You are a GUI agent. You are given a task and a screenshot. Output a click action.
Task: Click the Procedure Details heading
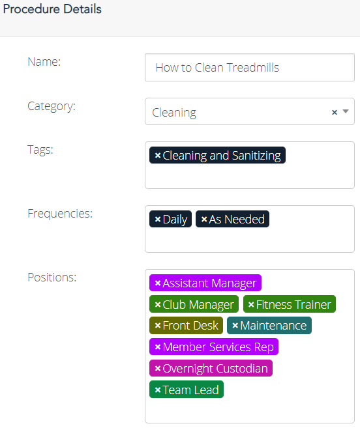(x=52, y=9)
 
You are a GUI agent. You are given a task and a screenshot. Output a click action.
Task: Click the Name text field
(x=250, y=67)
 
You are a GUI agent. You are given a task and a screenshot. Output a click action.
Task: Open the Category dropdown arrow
(x=346, y=111)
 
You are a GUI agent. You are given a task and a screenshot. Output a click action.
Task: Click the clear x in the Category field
(x=335, y=112)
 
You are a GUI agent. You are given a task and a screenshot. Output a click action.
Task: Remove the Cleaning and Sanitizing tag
(x=157, y=155)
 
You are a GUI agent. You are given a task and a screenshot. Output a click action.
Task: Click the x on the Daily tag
(x=157, y=219)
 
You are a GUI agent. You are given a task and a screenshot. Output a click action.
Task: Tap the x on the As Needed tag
(x=204, y=219)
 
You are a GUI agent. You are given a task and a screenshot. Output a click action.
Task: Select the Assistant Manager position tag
(x=205, y=283)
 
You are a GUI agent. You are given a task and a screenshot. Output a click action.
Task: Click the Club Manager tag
(x=194, y=304)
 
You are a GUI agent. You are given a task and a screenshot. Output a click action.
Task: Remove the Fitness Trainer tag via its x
(x=251, y=304)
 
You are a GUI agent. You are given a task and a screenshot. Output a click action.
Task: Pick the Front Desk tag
(x=186, y=325)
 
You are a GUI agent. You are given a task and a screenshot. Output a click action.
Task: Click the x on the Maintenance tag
(x=235, y=325)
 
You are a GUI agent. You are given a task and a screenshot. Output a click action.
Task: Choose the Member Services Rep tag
(x=214, y=347)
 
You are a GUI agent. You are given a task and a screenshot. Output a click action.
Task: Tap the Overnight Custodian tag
(x=211, y=368)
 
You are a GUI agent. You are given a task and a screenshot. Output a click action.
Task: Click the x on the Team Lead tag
(x=157, y=390)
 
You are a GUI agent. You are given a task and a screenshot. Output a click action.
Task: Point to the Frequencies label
(x=60, y=214)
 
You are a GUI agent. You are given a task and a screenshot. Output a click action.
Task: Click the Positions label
(x=52, y=278)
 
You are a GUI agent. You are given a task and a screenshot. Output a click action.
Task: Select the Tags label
(x=40, y=150)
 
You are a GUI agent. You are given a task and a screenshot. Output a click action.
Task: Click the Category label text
(x=52, y=106)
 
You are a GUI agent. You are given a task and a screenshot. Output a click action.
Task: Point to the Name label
(x=44, y=62)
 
